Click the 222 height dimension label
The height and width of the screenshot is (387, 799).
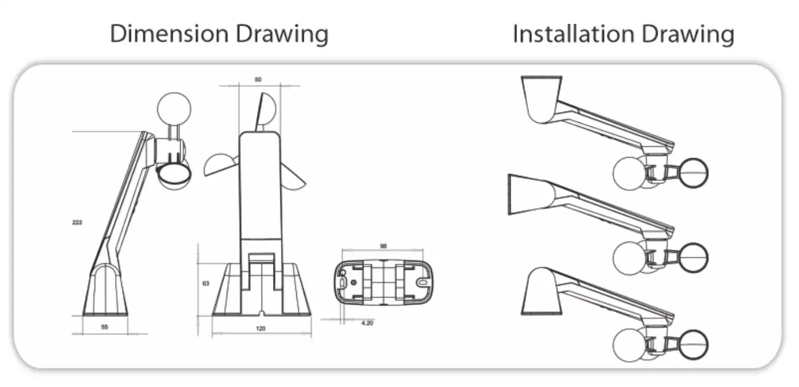(x=78, y=222)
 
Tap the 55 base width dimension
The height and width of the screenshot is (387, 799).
(x=105, y=327)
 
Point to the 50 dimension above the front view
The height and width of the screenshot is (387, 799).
(x=258, y=80)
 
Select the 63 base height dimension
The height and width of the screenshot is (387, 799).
(x=206, y=283)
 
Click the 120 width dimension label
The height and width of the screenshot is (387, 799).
(x=260, y=328)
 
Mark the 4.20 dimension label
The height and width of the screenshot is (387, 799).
(x=368, y=323)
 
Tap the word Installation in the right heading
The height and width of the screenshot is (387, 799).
(x=576, y=34)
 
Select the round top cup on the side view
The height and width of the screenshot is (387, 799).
(x=174, y=108)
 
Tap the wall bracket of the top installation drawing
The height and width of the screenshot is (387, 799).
(x=542, y=98)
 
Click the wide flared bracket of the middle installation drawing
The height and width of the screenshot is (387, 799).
(x=530, y=195)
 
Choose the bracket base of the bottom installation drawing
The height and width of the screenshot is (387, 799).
(x=542, y=293)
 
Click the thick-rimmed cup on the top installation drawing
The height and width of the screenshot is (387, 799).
(x=691, y=173)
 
